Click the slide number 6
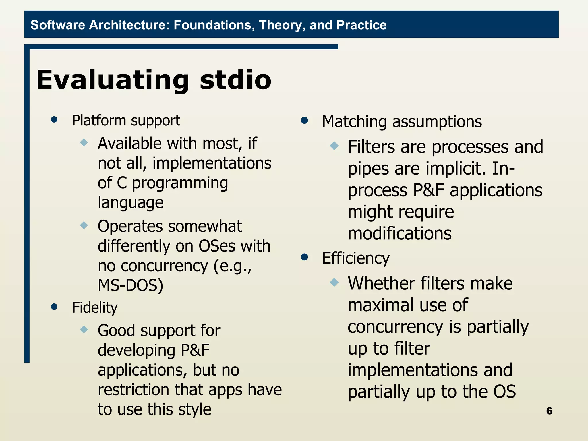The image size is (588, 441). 549,411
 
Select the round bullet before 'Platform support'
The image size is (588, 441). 54,120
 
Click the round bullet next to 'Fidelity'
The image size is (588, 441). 54,307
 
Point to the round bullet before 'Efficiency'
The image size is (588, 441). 304,257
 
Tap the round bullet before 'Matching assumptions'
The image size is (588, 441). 304,120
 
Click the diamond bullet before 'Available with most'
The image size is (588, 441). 84,142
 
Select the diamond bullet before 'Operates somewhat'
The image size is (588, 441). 84,225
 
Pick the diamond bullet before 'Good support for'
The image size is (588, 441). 84,329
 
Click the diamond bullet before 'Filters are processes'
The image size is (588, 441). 334,146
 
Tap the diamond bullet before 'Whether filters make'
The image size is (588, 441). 334,282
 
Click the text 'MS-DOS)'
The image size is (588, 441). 130,285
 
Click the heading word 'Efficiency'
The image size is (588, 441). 356,258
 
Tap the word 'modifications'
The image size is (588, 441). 399,233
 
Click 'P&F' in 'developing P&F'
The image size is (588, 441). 195,350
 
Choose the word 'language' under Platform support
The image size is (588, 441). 131,202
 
